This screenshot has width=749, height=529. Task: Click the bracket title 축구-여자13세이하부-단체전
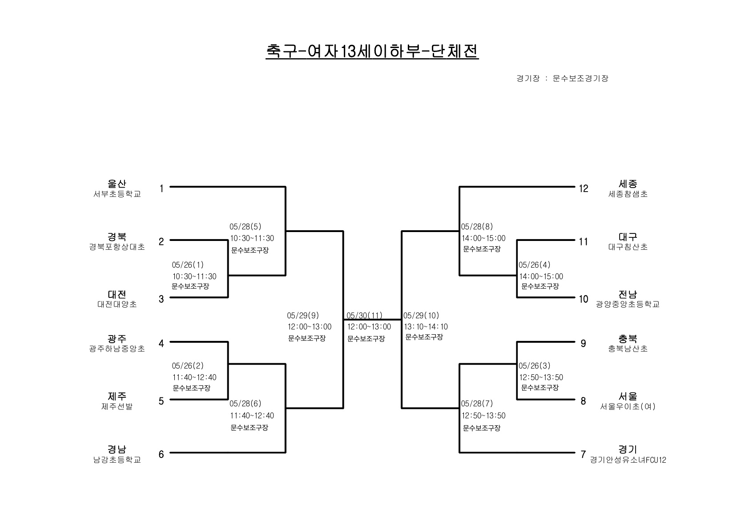click(372, 52)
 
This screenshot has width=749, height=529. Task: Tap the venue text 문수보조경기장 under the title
click(580, 78)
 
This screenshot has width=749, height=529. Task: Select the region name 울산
click(117, 184)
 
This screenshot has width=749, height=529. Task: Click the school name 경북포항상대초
click(117, 247)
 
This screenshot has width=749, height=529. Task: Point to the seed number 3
click(161, 299)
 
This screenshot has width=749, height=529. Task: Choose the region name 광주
click(117, 339)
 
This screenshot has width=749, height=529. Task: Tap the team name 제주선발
click(117, 406)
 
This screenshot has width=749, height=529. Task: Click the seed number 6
click(161, 454)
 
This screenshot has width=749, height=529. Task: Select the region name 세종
click(628, 184)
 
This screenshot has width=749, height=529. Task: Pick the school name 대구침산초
click(628, 247)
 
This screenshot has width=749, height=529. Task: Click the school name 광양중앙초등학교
click(628, 305)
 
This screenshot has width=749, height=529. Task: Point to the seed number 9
click(583, 344)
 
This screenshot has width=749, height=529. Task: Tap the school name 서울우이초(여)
click(628, 406)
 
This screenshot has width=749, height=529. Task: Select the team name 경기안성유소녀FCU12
click(628, 460)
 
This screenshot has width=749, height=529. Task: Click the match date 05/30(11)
click(364, 316)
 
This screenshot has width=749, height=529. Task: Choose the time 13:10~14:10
click(426, 327)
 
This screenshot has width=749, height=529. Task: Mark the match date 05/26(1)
click(188, 265)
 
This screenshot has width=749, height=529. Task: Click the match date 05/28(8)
click(477, 227)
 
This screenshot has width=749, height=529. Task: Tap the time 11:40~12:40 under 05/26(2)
click(194, 377)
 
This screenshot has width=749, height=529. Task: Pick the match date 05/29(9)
click(303, 316)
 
